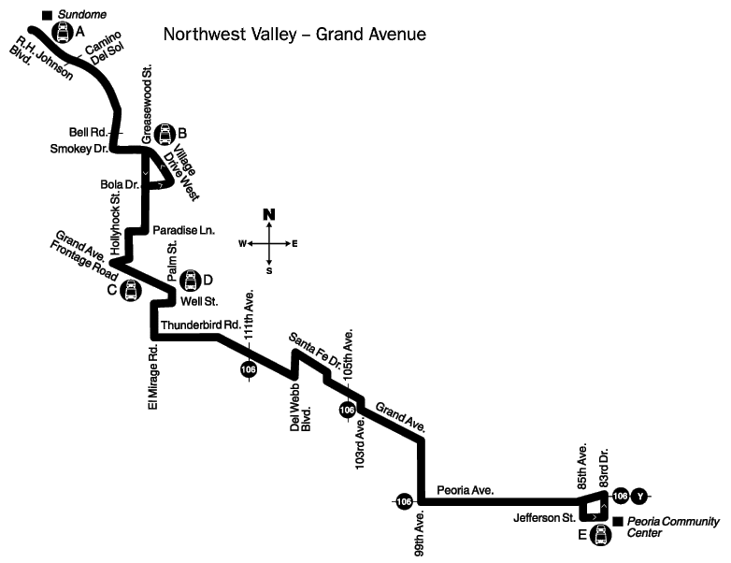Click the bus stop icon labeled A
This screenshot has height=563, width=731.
[63, 32]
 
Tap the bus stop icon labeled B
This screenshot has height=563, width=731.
[165, 134]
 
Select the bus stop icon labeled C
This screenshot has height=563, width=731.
[131, 290]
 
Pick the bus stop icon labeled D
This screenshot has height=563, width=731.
[190, 280]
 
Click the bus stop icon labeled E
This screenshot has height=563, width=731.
[600, 535]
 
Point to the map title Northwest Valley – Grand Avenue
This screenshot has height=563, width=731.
[294, 34]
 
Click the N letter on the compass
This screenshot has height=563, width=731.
[269, 214]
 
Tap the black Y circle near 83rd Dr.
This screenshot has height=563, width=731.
[639, 497]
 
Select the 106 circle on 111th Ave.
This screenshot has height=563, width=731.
[249, 369]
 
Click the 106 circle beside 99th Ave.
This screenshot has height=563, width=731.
[404, 501]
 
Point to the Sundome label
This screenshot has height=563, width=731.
[82, 14]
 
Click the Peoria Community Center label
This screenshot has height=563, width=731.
[673, 527]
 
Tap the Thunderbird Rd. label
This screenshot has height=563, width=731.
[201, 325]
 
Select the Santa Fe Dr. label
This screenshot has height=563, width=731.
[316, 350]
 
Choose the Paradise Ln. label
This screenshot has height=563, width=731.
[183, 230]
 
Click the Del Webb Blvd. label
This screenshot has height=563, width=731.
[300, 408]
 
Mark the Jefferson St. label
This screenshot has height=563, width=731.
[544, 518]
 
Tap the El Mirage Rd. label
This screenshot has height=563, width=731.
[153, 377]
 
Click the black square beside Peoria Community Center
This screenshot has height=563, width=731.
[618, 522]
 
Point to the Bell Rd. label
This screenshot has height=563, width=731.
[89, 132]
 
